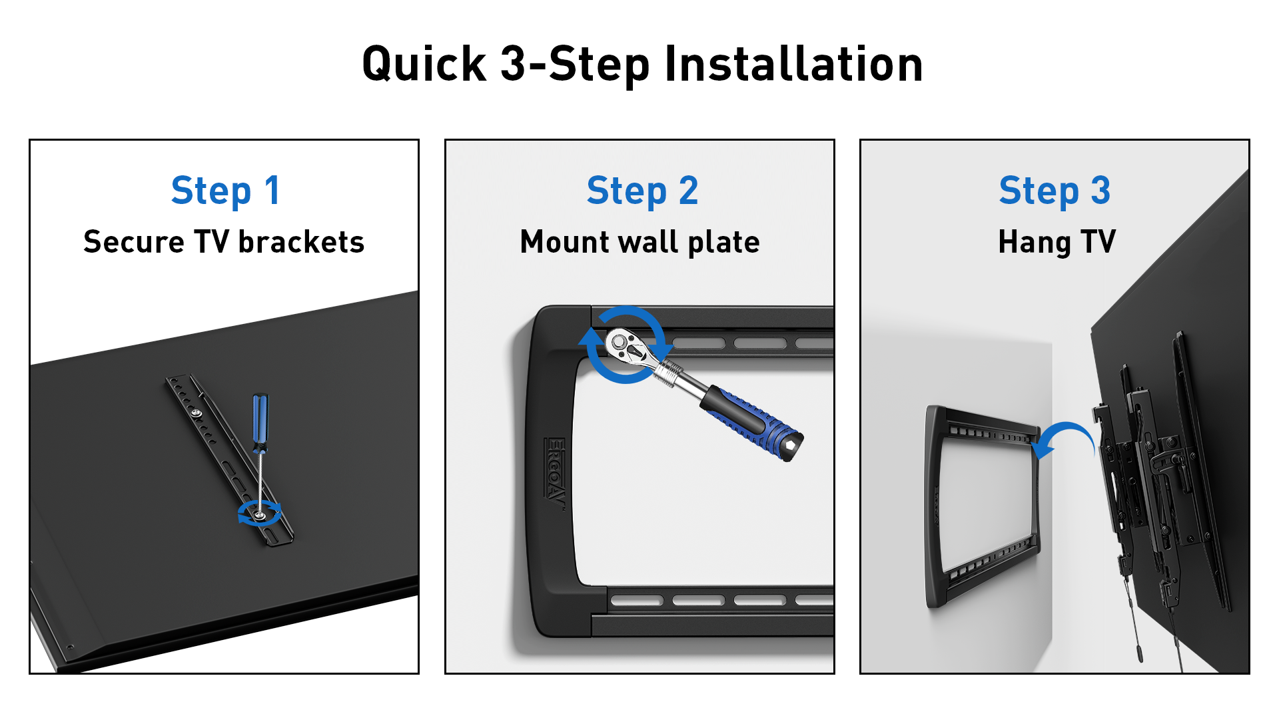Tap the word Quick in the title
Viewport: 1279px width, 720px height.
pyautogui.click(x=424, y=65)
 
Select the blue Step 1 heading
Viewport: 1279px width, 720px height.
pyautogui.click(x=226, y=191)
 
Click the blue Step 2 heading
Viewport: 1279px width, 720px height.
pyautogui.click(x=642, y=191)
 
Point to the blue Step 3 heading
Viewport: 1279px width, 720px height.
pyautogui.click(x=1055, y=191)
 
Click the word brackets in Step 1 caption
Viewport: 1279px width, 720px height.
pyautogui.click(x=301, y=242)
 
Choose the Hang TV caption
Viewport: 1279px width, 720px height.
pyautogui.click(x=1057, y=243)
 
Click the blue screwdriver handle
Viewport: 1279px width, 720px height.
pyautogui.click(x=260, y=419)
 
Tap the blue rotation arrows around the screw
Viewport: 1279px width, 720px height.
pyautogui.click(x=259, y=514)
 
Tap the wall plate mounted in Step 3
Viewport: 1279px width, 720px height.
pyautogui.click(x=982, y=507)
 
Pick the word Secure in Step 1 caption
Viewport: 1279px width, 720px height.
pyautogui.click(x=134, y=242)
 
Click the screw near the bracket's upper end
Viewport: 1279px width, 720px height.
pyautogui.click(x=197, y=413)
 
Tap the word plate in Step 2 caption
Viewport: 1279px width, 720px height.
pyautogui.click(x=724, y=243)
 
